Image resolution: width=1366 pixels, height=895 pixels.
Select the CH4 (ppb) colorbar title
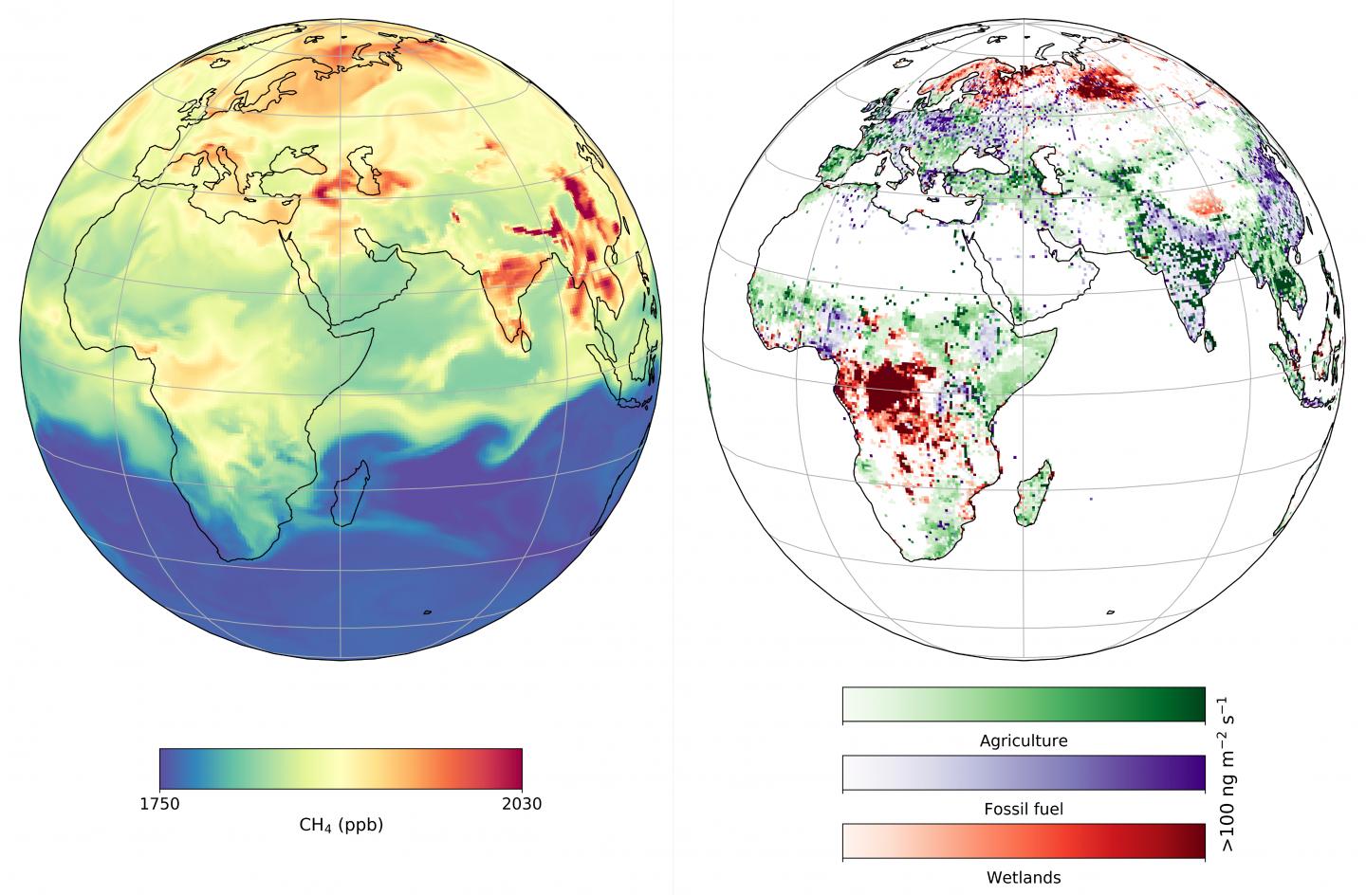341,825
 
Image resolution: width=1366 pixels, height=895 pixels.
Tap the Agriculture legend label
1024,740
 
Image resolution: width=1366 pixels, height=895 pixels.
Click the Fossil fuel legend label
1024,809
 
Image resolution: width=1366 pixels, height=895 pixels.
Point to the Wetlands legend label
1024,877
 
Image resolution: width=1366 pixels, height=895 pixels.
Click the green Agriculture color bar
1024,704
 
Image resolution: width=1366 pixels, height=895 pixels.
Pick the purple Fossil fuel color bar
1024,773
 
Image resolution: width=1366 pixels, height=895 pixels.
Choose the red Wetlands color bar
1024,841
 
